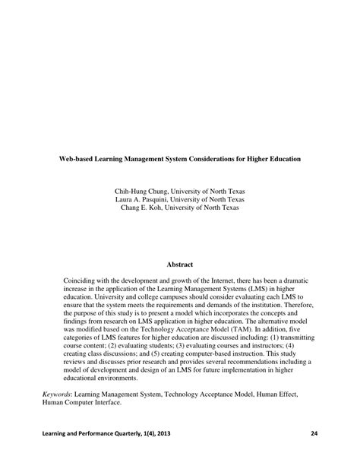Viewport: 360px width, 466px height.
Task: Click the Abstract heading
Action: [x=180, y=265]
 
